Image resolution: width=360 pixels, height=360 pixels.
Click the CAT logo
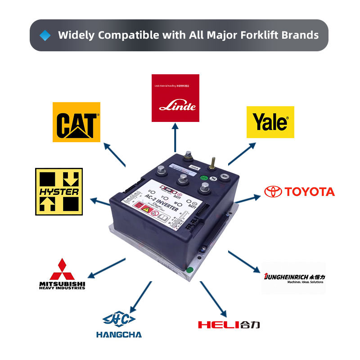[x=76, y=122]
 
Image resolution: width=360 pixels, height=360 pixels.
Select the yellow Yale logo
[x=270, y=122]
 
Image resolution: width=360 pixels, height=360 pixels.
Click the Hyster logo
[x=59, y=191]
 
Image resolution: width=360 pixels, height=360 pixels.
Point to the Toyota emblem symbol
[x=272, y=192]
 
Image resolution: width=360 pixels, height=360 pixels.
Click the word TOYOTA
[x=310, y=192]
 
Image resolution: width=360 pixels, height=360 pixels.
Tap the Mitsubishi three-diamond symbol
[x=62, y=269]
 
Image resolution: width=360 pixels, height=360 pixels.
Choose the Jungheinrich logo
[x=293, y=278]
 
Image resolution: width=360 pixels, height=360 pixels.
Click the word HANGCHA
[x=119, y=334]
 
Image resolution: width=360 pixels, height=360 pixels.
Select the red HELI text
[x=219, y=324]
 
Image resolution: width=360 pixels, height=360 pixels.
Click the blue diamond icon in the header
[x=45, y=35]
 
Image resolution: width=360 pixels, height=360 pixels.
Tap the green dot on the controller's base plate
[x=190, y=270]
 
